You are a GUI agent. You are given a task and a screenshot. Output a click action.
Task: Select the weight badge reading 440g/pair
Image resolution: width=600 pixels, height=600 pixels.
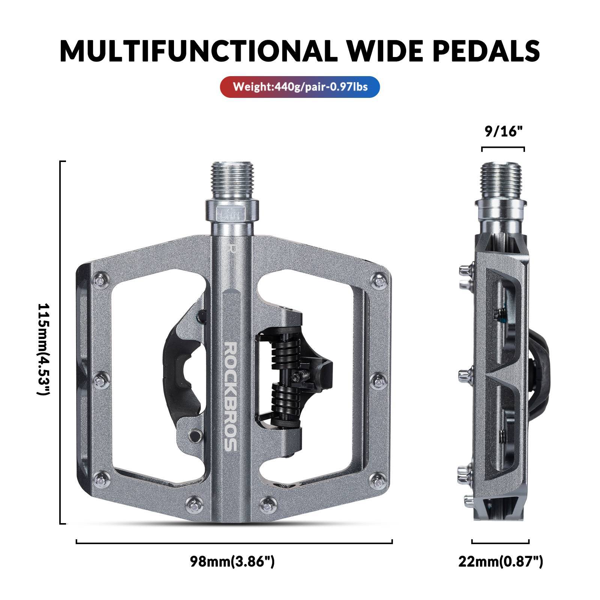pos(300,87)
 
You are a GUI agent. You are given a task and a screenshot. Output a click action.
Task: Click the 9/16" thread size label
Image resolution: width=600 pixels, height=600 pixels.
pos(503,132)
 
